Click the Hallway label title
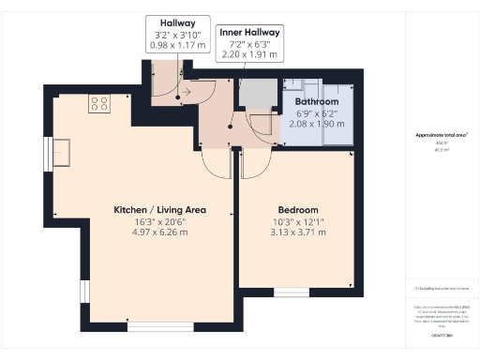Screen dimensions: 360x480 (x=171, y=22)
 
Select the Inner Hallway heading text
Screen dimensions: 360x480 (x=250, y=32)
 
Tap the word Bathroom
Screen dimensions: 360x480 (x=317, y=100)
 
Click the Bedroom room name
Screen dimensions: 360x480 (x=298, y=209)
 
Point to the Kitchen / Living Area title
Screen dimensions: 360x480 (x=159, y=209)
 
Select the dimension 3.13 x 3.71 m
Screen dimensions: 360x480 (x=298, y=232)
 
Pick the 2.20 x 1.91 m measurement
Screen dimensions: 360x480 (x=250, y=55)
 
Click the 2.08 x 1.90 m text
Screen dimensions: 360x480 (x=317, y=123)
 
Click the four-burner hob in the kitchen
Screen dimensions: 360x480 (x=98, y=104)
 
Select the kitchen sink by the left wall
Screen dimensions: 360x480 (x=62, y=150)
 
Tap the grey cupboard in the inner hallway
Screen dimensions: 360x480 (x=254, y=94)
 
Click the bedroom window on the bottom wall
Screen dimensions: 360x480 (x=291, y=292)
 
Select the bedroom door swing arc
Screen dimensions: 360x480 (x=253, y=166)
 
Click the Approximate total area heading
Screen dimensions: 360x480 (x=442, y=135)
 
